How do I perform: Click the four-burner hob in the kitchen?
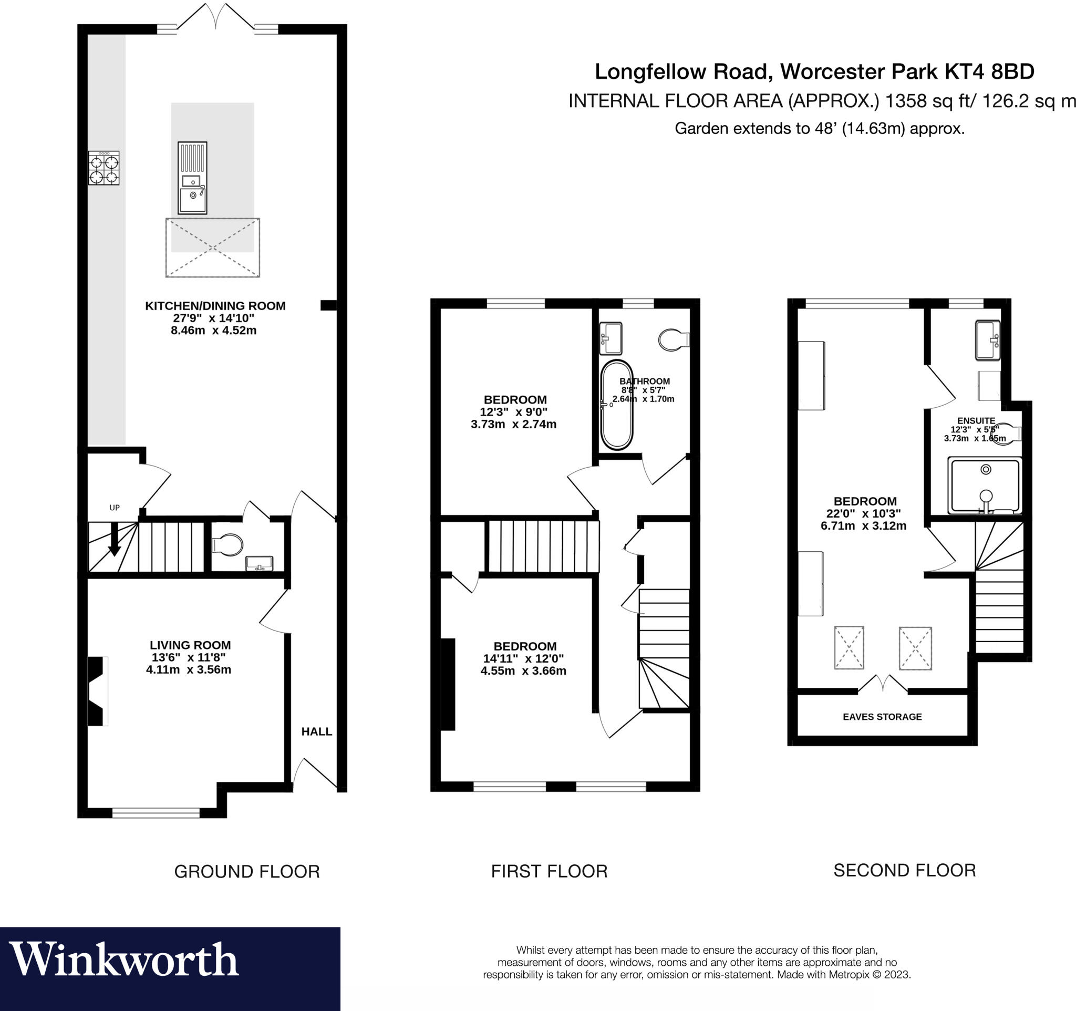point(104,168)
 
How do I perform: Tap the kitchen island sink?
point(192,198)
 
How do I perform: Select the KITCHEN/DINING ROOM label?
point(215,306)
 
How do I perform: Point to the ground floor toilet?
point(227,544)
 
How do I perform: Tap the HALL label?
point(317,732)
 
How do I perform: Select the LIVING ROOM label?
point(190,645)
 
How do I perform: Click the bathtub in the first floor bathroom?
point(616,405)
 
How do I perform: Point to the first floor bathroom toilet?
point(673,340)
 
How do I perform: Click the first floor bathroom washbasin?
point(611,338)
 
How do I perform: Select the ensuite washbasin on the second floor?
point(987,340)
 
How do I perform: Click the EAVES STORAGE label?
point(882,717)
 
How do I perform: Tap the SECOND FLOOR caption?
point(904,870)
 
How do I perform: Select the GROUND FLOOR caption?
point(247,871)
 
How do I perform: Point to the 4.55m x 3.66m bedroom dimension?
point(523,671)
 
